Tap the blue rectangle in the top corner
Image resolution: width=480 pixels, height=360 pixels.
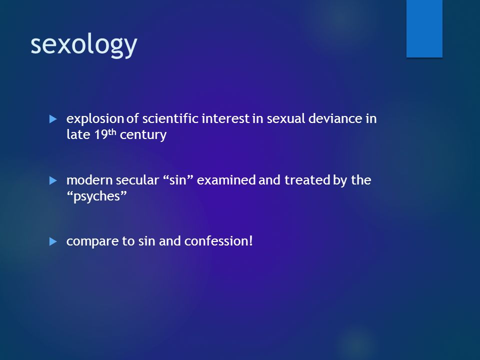[424, 28]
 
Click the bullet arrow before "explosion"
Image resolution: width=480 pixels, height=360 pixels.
[53, 119]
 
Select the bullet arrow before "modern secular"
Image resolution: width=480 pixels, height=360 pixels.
[53, 180]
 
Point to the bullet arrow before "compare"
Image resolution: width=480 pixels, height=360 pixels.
[53, 241]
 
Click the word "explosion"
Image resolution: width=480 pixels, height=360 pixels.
[95, 119]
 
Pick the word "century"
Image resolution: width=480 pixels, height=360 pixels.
[143, 135]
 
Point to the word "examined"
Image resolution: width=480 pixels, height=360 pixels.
[226, 180]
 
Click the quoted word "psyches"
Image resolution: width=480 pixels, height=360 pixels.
[96, 196]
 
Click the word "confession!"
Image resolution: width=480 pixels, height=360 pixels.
[218, 241]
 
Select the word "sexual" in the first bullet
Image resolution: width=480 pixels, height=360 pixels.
[286, 118]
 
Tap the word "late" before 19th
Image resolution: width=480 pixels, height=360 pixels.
[78, 134]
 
